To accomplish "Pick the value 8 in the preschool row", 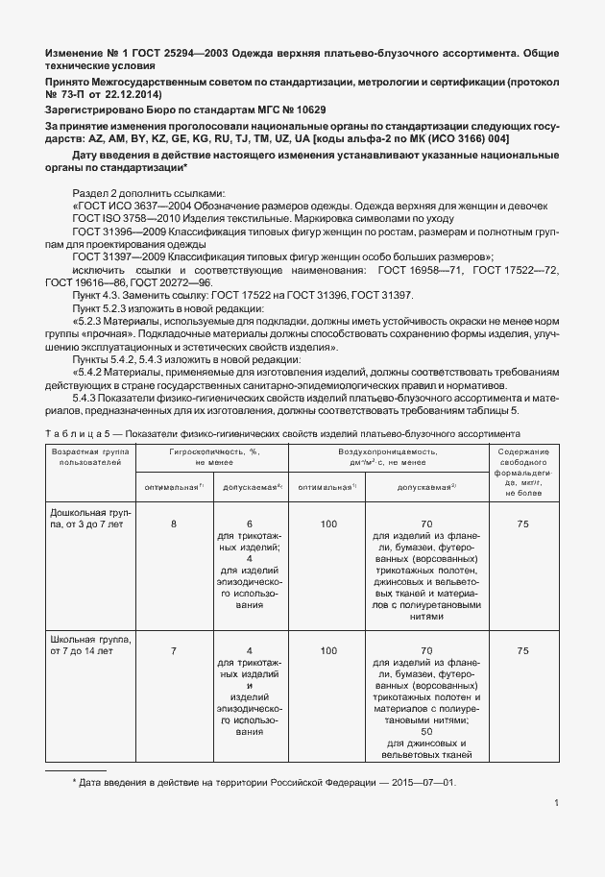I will pos(173,524).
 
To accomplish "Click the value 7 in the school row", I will pos(173,651).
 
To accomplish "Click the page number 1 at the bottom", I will pos(557,805).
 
